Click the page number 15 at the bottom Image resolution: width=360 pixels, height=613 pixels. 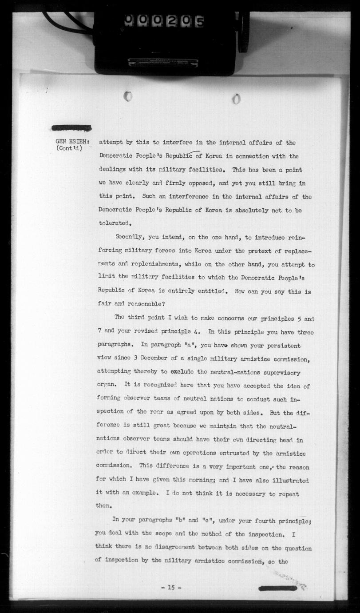171,587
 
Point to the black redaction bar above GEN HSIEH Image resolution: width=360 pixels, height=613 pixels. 71,128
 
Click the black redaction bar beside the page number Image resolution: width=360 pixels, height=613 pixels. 278,588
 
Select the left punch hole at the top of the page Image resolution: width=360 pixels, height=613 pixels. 128,96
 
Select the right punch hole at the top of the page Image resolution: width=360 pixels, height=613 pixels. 236,99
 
